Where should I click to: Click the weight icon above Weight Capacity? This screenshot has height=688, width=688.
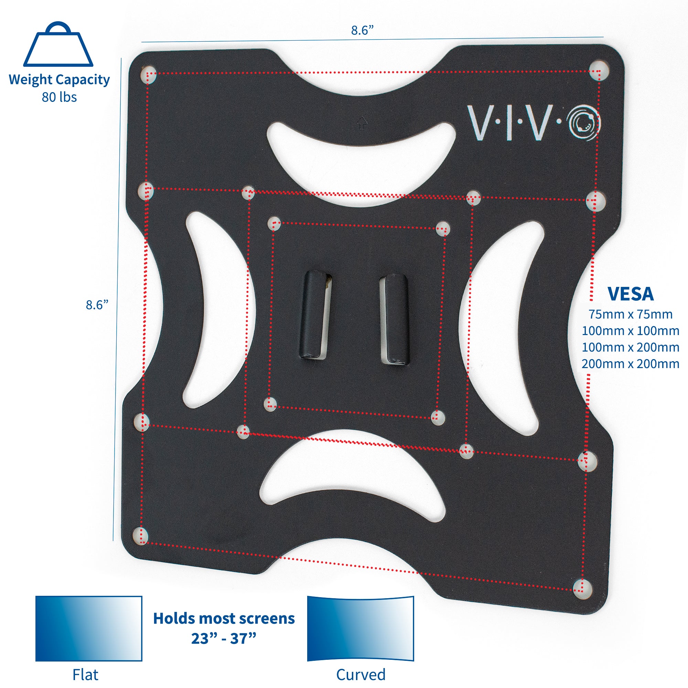[58, 45]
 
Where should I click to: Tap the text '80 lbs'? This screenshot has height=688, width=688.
[59, 97]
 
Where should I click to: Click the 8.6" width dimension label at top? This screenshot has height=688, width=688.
[362, 31]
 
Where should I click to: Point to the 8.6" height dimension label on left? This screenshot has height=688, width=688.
[97, 305]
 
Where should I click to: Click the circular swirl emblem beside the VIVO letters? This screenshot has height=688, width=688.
[584, 123]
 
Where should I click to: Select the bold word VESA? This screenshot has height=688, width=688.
[630, 294]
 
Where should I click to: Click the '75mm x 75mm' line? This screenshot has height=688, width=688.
[630, 314]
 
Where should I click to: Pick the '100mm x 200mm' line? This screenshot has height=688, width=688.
[630, 347]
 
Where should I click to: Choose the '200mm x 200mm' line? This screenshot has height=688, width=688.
[630, 364]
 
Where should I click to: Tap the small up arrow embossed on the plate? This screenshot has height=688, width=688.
[362, 123]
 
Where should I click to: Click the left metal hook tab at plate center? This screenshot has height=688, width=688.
[316, 315]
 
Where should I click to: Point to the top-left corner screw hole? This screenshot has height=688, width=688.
[149, 74]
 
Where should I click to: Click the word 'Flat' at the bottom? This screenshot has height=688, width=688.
[85, 675]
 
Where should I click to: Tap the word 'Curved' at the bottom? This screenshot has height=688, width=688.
[361, 675]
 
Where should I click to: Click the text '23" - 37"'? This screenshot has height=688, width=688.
[224, 639]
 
